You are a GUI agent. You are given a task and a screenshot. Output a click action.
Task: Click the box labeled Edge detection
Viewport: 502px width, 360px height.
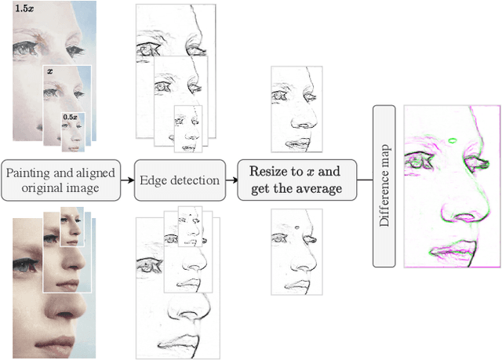coord(180,180)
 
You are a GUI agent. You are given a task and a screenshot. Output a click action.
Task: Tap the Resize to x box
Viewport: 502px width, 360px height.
coord(297,180)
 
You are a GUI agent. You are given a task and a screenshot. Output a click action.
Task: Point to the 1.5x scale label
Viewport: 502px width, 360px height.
coord(24,9)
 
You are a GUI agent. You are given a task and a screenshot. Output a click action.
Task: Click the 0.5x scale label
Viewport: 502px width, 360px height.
coord(70,117)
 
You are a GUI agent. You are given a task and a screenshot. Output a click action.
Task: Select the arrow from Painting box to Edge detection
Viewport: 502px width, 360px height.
coord(129,180)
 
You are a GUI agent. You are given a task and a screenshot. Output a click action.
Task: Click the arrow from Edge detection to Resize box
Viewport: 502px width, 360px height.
coord(233,180)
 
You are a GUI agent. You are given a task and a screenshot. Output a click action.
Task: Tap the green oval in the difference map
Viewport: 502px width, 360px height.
coord(453,141)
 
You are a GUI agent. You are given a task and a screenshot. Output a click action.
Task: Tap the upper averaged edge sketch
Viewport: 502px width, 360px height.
coord(293,110)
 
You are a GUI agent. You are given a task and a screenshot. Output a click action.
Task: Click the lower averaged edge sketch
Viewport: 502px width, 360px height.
coord(293,251)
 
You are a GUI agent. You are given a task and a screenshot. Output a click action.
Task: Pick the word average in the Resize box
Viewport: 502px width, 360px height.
coord(321,189)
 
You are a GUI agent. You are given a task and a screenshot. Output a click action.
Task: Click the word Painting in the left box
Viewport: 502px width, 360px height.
coord(29,173)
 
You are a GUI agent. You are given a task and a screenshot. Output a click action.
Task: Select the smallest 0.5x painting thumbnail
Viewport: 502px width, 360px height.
coord(72,132)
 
